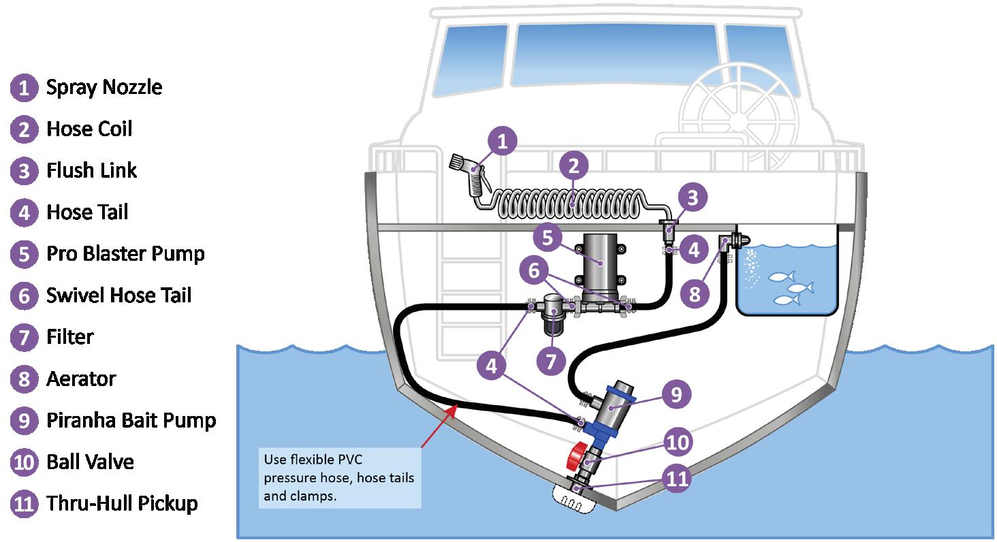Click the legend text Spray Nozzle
pyautogui.click(x=104, y=87)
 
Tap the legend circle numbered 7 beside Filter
pyautogui.click(x=24, y=337)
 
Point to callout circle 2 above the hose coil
pyautogui.click(x=573, y=165)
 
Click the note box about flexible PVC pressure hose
pyautogui.click(x=339, y=476)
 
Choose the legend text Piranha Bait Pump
pyautogui.click(x=131, y=420)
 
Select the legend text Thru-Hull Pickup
pyautogui.click(x=122, y=504)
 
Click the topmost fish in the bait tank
pyautogui.click(x=781, y=276)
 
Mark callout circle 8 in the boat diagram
pyautogui.click(x=695, y=294)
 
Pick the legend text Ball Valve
pyautogui.click(x=90, y=462)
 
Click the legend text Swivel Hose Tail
pyautogui.click(x=118, y=296)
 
